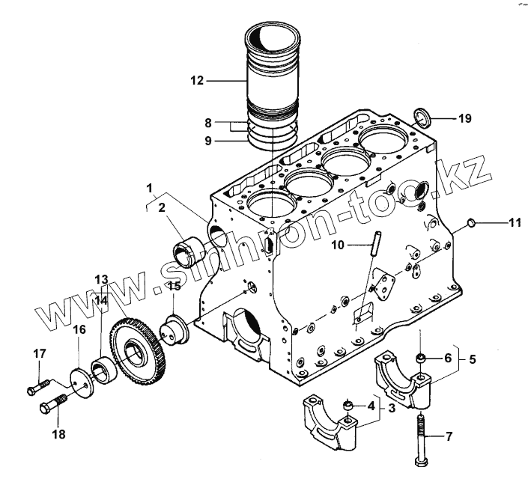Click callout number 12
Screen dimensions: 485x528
tap(197, 80)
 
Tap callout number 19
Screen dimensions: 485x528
tap(464, 118)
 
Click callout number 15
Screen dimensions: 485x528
tap(173, 285)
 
